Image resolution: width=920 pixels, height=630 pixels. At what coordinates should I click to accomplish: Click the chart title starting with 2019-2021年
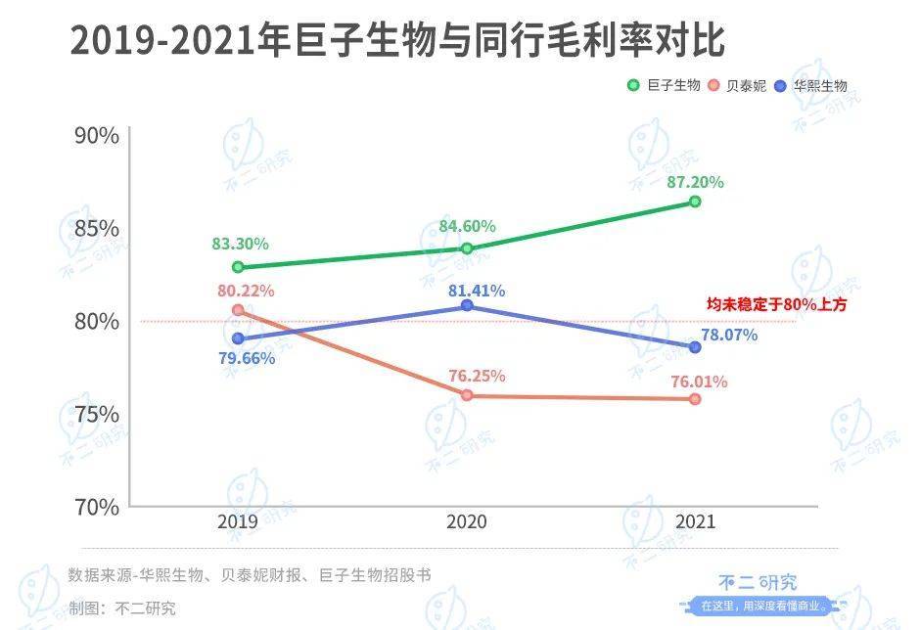[397, 42]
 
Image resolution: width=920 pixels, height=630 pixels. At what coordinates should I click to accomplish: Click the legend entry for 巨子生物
[665, 86]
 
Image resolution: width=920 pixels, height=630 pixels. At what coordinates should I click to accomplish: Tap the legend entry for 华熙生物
[811, 86]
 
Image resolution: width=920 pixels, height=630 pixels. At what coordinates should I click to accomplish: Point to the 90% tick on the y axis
[96, 135]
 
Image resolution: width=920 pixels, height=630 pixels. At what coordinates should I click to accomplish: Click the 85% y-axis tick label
[96, 228]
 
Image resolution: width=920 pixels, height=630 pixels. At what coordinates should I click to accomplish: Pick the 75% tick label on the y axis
[96, 414]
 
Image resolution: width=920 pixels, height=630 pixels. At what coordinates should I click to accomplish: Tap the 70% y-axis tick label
[96, 507]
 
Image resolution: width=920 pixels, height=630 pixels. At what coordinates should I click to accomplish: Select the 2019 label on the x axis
[238, 522]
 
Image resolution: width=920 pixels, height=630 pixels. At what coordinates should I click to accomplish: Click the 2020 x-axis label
[467, 522]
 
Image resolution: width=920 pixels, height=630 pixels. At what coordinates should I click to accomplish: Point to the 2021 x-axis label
[695, 522]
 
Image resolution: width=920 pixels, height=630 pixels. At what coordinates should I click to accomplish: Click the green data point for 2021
[695, 202]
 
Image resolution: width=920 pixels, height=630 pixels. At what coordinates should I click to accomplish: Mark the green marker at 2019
[238, 267]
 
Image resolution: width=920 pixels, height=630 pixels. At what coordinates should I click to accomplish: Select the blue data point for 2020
[467, 306]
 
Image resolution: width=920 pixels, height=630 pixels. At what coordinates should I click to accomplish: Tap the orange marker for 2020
[467, 395]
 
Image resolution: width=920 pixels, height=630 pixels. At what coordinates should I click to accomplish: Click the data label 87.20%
[696, 182]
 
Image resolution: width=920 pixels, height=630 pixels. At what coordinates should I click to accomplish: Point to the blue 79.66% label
[247, 358]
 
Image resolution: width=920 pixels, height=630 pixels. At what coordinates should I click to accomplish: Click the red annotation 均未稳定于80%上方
[777, 305]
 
